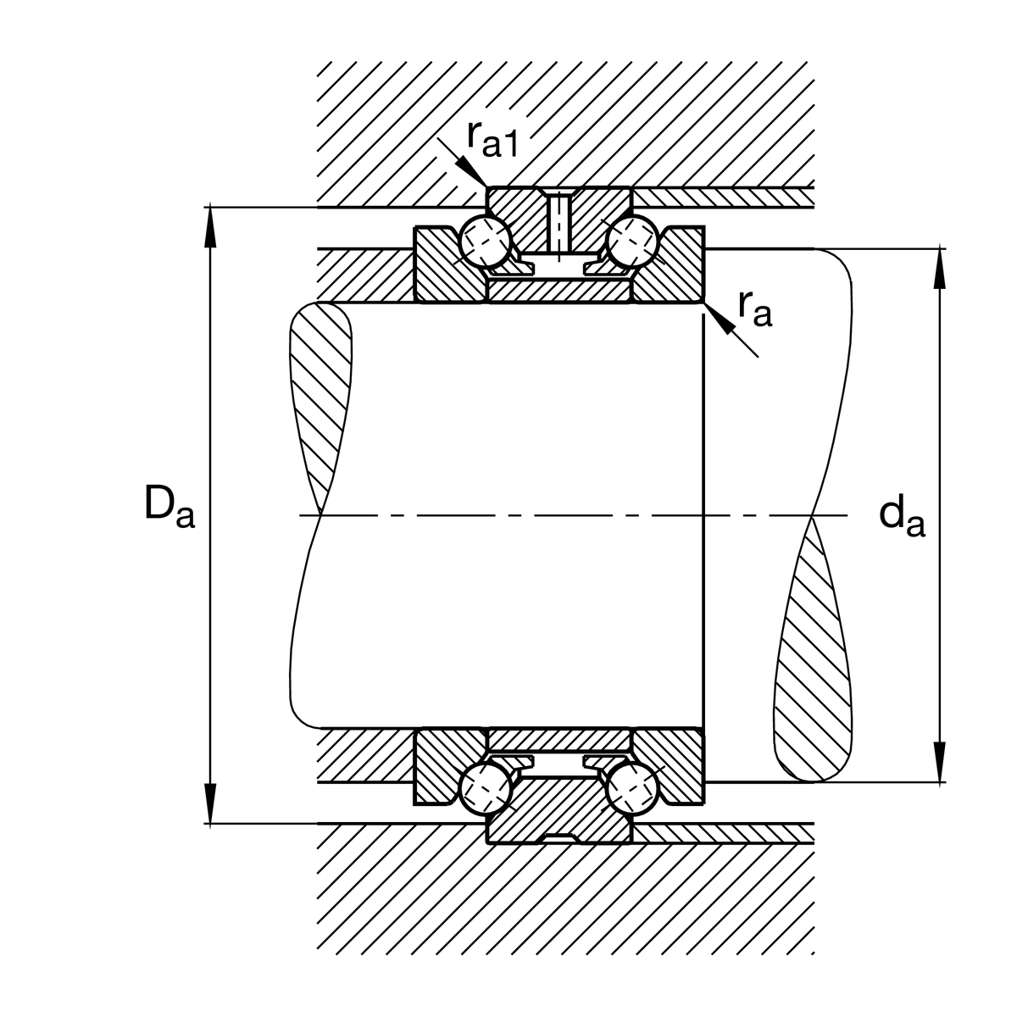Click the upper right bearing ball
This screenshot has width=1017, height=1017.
634,240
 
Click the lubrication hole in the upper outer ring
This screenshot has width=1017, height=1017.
559,222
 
